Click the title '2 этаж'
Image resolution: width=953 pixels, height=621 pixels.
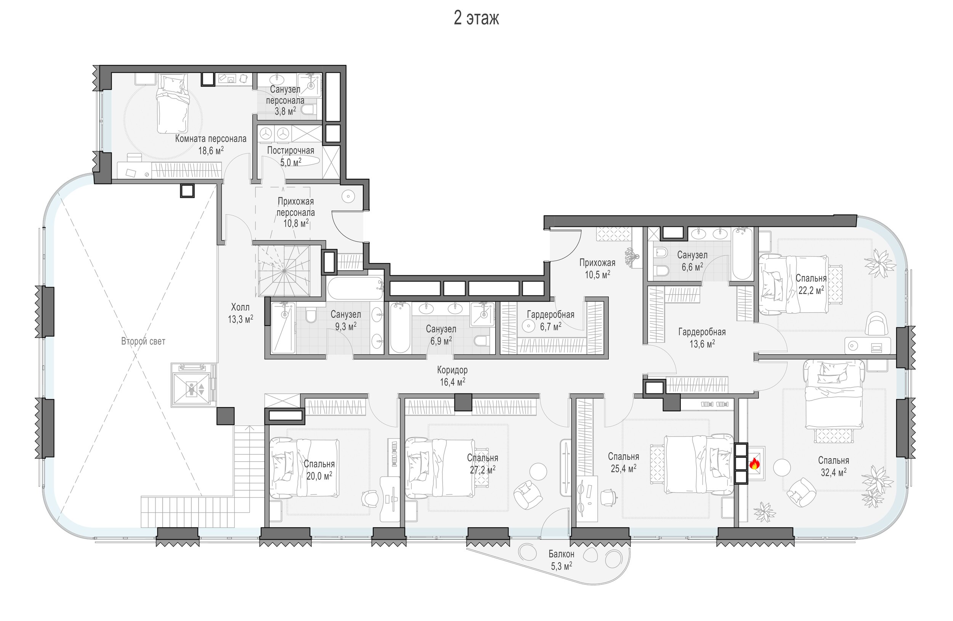pos(476,18)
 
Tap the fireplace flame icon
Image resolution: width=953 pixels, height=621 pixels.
pos(754,464)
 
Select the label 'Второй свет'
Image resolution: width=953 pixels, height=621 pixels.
pos(143,341)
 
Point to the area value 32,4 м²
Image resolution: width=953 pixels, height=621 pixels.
pos(834,472)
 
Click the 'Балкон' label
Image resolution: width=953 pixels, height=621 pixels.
pos(562,554)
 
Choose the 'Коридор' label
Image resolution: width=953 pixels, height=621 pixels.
pos(452,370)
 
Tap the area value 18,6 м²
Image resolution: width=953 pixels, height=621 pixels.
pos(211,151)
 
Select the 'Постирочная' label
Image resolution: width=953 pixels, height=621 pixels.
pos(290,151)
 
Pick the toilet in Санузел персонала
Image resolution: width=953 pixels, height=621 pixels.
pos(308,110)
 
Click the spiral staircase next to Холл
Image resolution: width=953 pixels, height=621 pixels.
pos(284,271)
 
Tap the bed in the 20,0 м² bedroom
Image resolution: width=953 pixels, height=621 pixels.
pos(304,468)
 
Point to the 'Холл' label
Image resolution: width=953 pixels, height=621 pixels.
pos(240,307)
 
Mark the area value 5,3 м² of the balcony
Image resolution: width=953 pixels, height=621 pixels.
pos(562,566)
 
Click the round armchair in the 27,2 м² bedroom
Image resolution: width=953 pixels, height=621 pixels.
pos(528,495)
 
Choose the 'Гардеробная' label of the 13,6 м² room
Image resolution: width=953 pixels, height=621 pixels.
pos(701,332)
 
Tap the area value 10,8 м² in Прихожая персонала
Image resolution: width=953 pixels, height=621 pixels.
pos(296,223)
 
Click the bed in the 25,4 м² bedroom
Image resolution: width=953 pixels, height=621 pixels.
pos(699,464)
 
